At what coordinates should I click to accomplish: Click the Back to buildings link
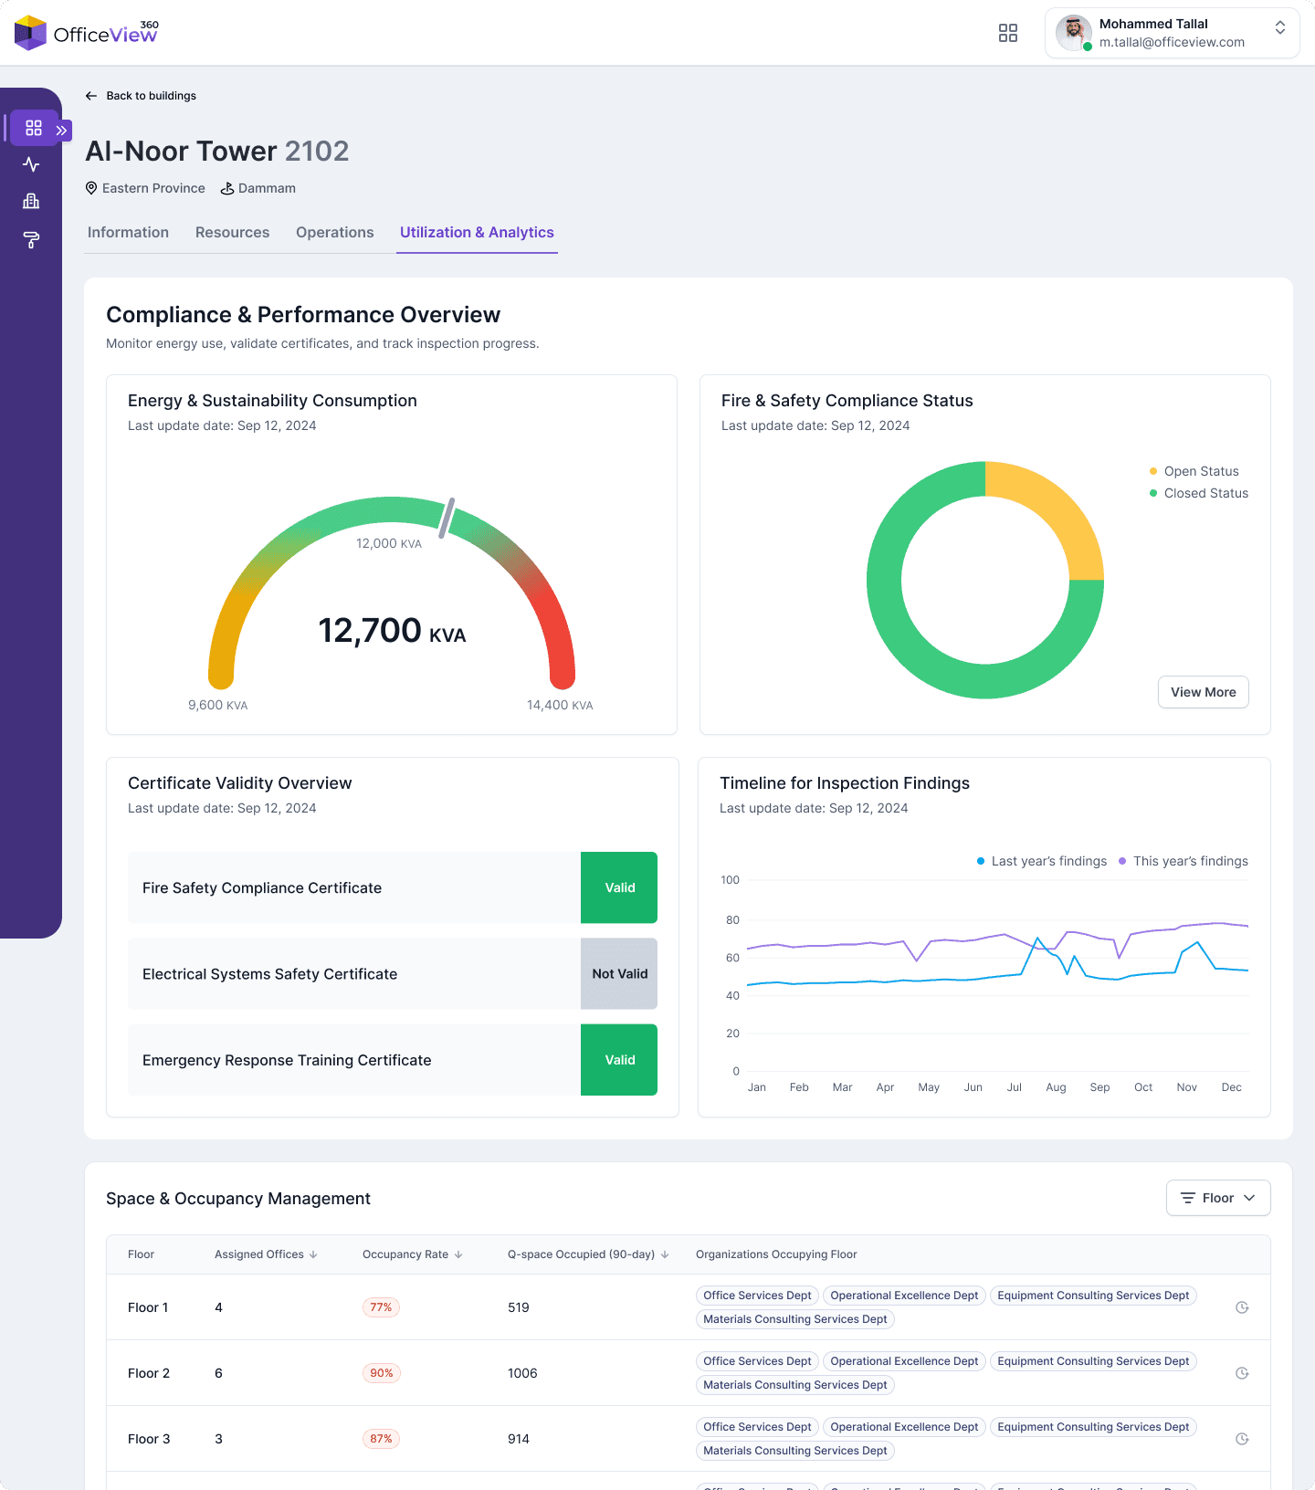tap(142, 96)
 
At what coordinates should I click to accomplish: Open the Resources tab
tap(232, 233)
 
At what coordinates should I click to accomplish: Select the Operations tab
tap(334, 233)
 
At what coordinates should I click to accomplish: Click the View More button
tap(1203, 692)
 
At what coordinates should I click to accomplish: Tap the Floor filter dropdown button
tap(1217, 1198)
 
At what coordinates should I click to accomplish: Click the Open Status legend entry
tap(1200, 471)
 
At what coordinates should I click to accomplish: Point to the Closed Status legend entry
tap(1205, 493)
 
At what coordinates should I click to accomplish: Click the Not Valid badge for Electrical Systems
tap(619, 974)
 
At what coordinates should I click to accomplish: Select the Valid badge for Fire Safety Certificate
tap(619, 887)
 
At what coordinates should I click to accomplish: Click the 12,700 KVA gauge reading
tap(392, 631)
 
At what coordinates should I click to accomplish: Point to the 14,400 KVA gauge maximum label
tap(559, 705)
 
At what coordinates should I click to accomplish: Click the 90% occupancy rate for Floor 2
tap(381, 1373)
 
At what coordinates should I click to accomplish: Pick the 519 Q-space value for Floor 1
tap(519, 1307)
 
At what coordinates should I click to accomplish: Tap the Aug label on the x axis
tap(1056, 1087)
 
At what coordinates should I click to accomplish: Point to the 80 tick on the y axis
tap(732, 920)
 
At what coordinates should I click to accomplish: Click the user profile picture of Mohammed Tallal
tap(1073, 33)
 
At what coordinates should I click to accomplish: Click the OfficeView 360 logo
tap(87, 33)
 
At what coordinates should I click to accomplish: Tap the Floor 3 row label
tap(149, 1439)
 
